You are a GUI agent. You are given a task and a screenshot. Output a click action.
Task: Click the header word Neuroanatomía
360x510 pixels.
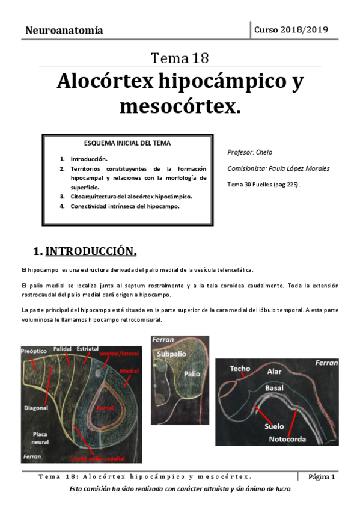coord(64,30)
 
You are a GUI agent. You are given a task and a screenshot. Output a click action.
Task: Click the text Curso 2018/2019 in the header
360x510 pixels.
coord(291,29)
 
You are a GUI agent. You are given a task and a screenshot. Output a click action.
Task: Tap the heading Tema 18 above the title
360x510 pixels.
coord(180,58)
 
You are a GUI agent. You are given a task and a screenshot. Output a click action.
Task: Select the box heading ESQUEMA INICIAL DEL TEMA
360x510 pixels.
coord(127,143)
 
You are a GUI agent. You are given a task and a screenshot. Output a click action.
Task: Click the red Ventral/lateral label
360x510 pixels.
coord(120,353)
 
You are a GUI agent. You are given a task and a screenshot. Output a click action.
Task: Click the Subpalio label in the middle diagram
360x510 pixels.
coord(171,354)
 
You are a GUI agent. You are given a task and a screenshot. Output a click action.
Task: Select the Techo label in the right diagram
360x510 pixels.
coord(239,368)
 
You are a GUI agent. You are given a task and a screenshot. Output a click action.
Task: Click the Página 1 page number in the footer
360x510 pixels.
coord(322,477)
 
